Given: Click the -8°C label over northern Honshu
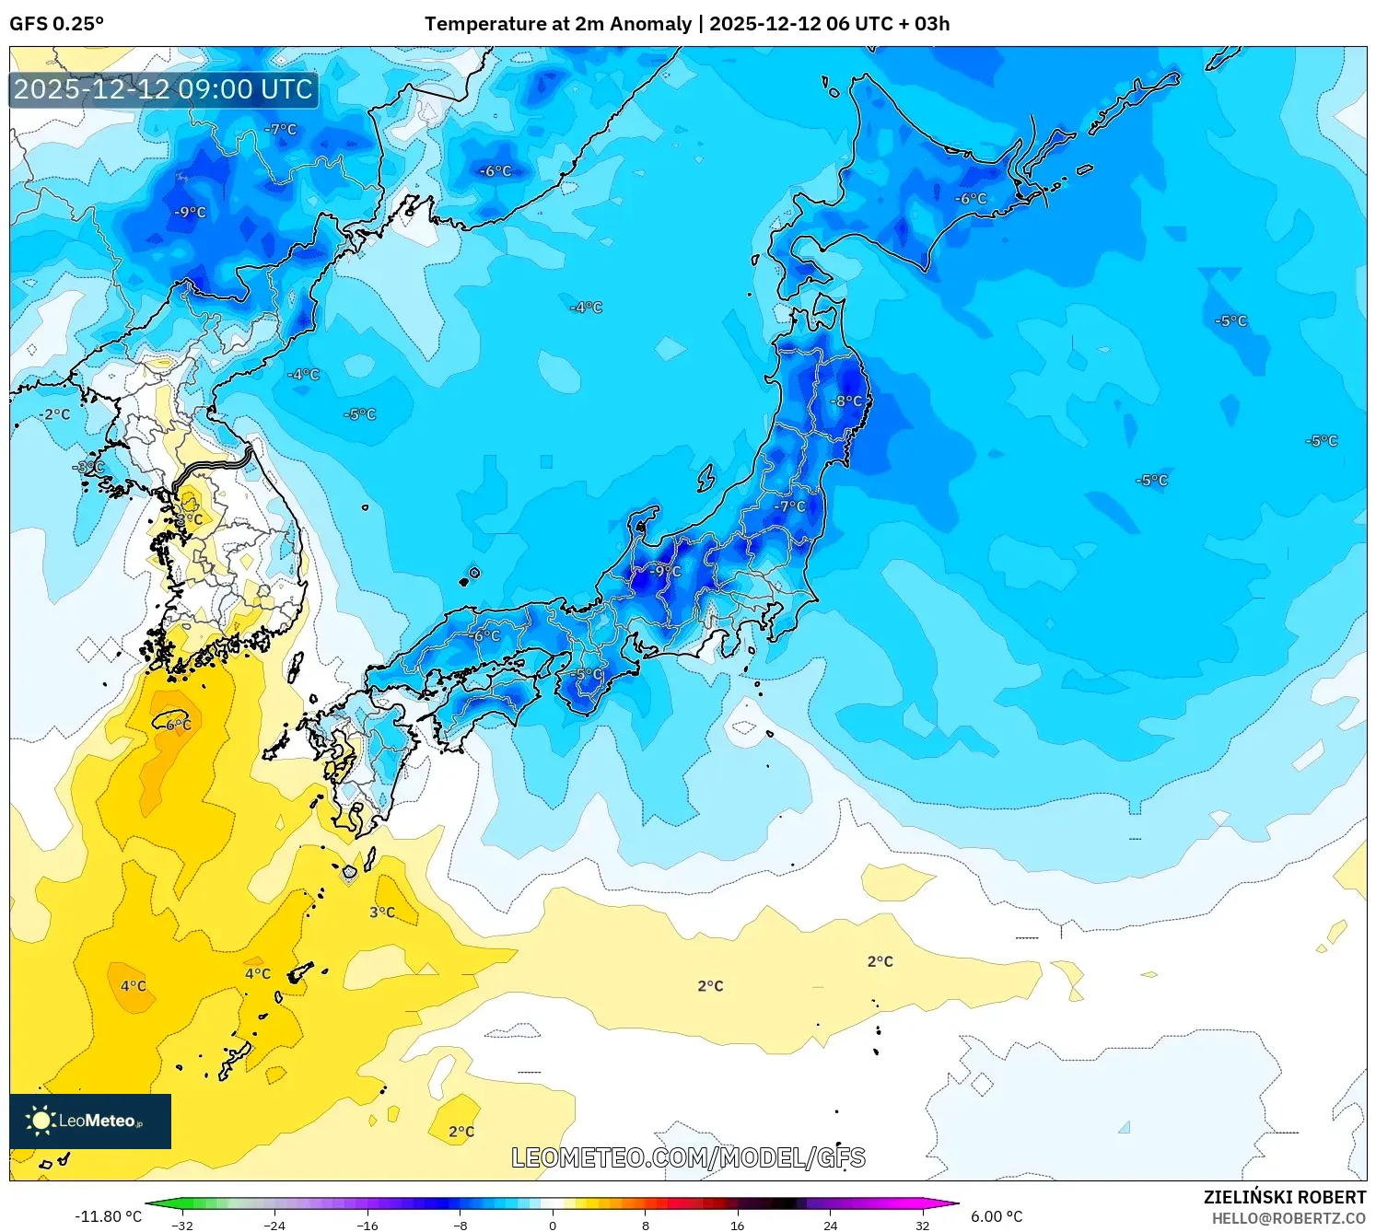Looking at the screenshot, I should (x=847, y=401).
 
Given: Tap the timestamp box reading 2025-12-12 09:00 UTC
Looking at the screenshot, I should (x=164, y=89).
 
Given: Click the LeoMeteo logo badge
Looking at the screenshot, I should (x=90, y=1121).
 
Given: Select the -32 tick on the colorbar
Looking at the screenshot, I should (x=182, y=1225).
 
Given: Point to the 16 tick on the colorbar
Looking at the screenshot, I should (x=737, y=1225).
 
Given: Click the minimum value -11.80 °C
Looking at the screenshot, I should (x=108, y=1216).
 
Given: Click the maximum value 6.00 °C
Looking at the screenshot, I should (x=997, y=1216).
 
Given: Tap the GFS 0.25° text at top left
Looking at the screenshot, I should (x=57, y=24).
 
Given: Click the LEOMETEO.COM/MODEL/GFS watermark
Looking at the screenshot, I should (x=688, y=1157).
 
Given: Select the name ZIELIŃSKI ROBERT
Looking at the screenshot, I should (x=1284, y=1197).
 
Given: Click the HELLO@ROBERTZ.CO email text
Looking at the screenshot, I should (x=1289, y=1218).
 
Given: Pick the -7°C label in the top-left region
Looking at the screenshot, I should (x=281, y=130).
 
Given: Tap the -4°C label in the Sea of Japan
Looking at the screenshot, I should (x=586, y=308).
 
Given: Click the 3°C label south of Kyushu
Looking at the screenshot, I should (x=382, y=912).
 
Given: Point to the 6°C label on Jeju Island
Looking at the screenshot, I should (x=179, y=725).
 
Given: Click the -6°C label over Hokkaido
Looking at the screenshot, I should (x=970, y=199).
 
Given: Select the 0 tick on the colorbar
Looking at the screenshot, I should (x=553, y=1225).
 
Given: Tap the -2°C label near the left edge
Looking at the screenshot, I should (x=55, y=414).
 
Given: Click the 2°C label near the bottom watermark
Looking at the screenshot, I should (x=461, y=1132).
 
